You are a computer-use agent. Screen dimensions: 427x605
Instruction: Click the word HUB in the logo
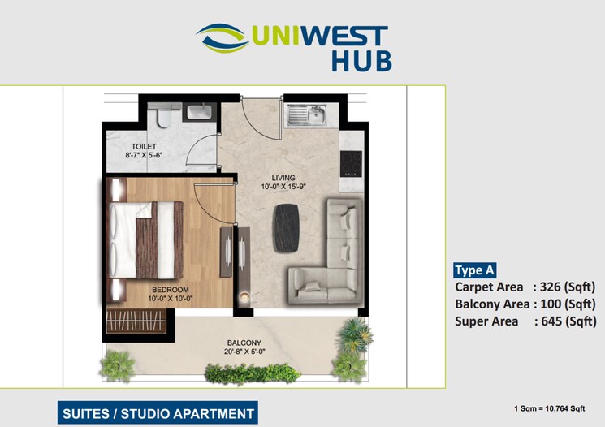361,61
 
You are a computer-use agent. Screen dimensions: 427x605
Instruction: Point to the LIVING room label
283,177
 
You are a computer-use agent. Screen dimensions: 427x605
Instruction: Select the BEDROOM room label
169,290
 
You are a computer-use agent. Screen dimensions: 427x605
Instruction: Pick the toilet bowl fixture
163,119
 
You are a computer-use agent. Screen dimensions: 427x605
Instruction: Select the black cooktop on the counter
351,163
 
